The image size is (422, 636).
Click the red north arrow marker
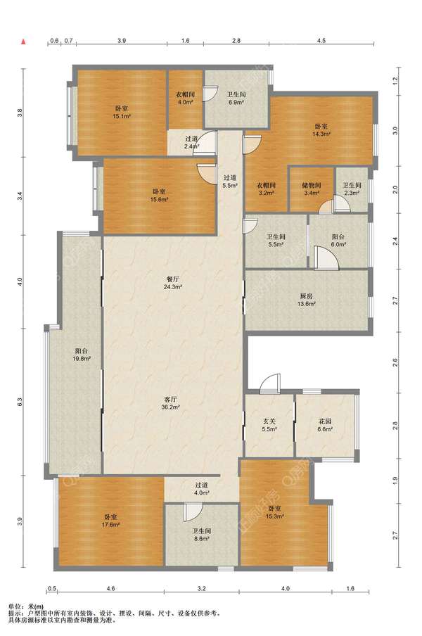[24, 41]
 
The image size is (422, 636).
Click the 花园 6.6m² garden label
[325, 425]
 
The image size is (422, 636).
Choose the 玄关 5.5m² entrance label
[269, 425]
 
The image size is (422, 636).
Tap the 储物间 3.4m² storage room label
[312, 189]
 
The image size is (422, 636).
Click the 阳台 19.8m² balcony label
[82, 355]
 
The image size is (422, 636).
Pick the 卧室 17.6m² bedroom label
[110, 521]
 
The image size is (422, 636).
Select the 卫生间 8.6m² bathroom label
[201, 535]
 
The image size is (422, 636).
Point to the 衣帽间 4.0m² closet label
[185, 98]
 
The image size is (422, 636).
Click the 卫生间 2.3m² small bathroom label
[352, 189]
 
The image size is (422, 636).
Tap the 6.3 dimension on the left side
[20, 402]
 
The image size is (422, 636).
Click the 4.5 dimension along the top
[321, 40]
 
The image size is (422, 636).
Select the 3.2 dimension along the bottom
[202, 588]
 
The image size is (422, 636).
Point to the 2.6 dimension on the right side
[395, 361]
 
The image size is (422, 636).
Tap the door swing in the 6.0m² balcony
[326, 258]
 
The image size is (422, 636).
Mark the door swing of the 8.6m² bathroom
[193, 512]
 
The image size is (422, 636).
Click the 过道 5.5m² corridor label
[229, 182]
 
